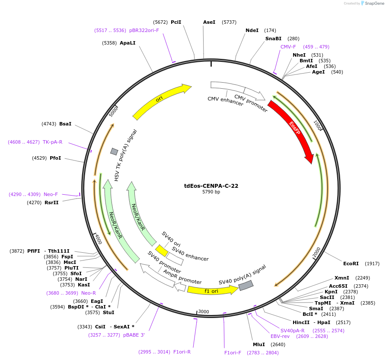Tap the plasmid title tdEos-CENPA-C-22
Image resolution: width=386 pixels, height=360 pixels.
tap(211, 186)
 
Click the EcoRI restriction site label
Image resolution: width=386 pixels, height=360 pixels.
tap(351, 264)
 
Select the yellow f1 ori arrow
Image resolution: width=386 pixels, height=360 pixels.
tap(212, 291)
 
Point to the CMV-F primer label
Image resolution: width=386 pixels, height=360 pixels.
tap(288, 47)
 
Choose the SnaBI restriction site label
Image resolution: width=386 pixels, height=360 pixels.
tap(273, 39)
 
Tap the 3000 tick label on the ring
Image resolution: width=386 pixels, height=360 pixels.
tap(204, 312)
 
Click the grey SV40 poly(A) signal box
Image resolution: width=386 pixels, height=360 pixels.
tap(246, 285)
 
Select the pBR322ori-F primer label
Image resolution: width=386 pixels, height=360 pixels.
tap(144, 30)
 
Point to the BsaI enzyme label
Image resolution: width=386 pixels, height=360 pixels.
tap(65, 124)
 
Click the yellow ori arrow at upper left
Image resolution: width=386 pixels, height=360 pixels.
tap(161, 101)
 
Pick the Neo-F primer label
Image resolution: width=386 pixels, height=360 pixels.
tap(51, 194)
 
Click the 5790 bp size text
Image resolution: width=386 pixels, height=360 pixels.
tap(211, 192)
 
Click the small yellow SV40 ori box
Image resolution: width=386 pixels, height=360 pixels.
tap(162, 251)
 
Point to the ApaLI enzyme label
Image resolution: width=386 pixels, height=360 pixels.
tap(128, 43)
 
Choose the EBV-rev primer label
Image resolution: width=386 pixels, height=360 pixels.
tap(280, 336)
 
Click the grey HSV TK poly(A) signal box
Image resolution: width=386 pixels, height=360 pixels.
tap(114, 151)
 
